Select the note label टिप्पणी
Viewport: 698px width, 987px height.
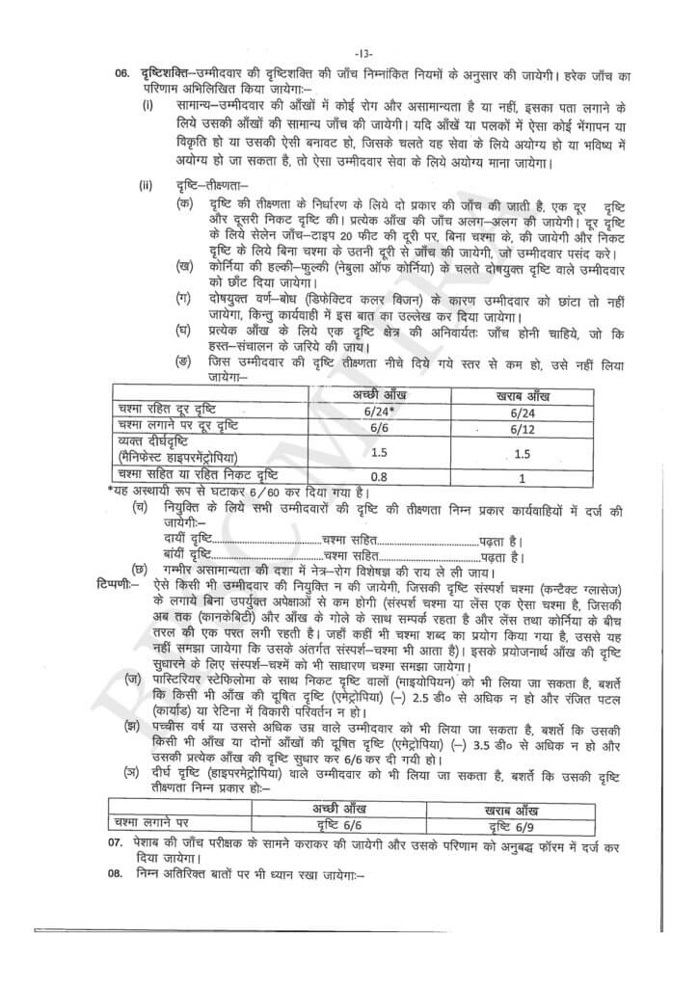119,586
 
